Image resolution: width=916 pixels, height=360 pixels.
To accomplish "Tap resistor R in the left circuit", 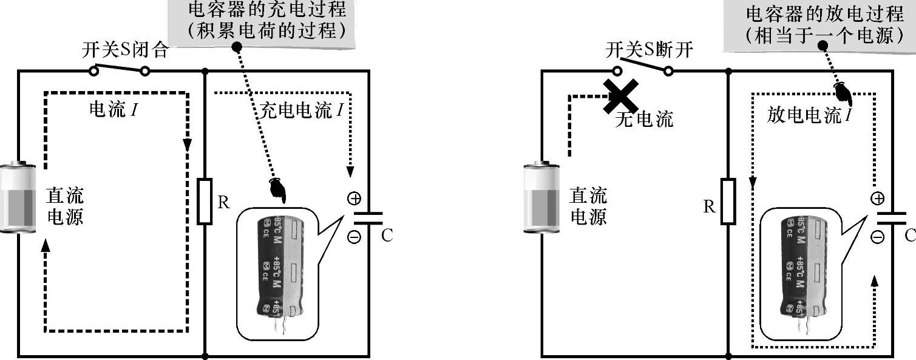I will point(205,202).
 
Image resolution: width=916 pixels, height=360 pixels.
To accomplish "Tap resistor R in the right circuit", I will point(728,202).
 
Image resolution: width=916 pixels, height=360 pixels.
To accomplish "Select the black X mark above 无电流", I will point(620,97).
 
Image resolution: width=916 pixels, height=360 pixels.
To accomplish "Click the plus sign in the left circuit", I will point(354,198).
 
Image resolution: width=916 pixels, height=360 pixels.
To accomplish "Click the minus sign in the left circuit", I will point(354,237).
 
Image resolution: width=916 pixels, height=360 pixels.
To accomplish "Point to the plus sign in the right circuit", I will point(877,198).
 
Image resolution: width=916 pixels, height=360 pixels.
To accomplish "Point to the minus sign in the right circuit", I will point(877,237).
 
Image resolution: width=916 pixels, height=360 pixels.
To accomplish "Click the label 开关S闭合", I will point(124,51).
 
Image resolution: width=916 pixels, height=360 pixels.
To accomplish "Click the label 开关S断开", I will point(649,51).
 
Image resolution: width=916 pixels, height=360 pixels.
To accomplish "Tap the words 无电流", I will point(644,120).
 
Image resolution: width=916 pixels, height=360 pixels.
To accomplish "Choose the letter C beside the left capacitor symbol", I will point(387,236).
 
